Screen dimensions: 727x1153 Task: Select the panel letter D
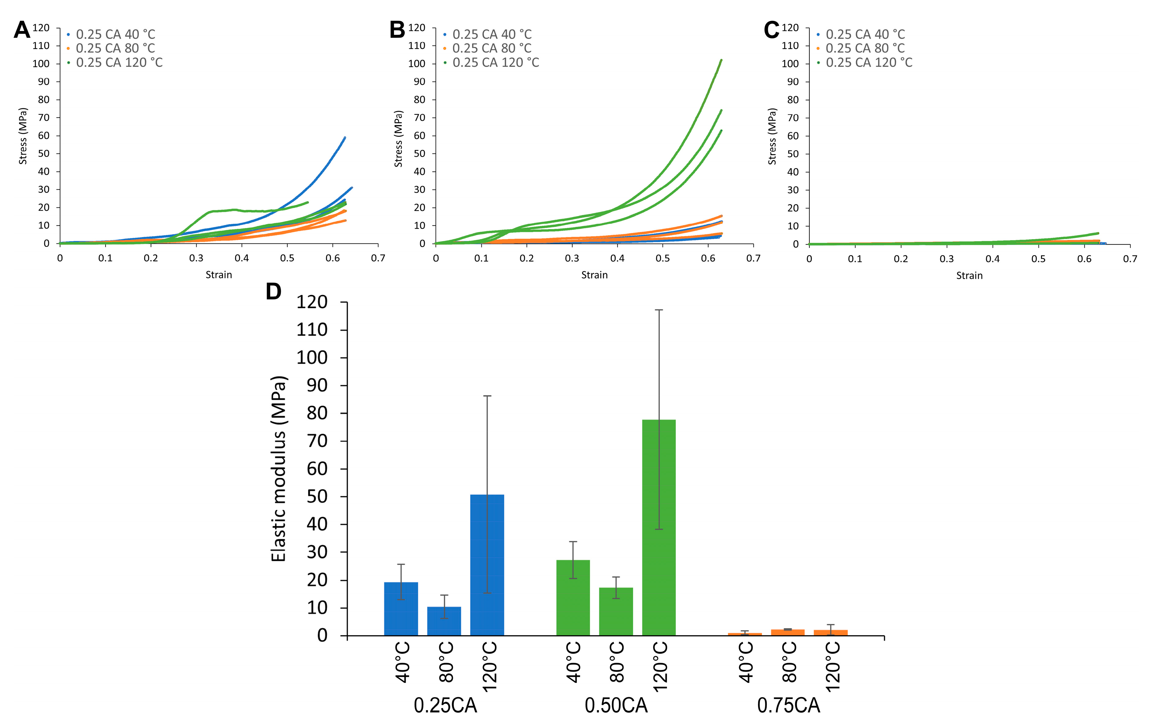pos(273,291)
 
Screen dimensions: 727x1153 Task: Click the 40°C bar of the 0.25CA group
pos(401,608)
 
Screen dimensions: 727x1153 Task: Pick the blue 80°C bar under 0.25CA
pos(444,621)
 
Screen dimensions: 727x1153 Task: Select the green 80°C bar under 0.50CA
pos(616,611)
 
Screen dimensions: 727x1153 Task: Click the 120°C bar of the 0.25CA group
pos(487,565)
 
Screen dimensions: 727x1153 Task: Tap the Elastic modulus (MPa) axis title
pos(279,468)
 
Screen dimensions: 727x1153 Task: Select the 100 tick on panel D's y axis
pos(312,357)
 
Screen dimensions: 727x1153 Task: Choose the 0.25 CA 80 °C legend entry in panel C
pos(865,48)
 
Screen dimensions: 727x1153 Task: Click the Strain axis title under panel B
pos(594,275)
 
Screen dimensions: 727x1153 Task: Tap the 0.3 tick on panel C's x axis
pos(946,259)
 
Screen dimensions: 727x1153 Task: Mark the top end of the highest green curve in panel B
pos(721,60)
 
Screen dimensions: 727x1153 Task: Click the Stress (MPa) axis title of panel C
pos(772,136)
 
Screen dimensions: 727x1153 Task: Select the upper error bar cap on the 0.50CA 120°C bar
pos(659,310)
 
